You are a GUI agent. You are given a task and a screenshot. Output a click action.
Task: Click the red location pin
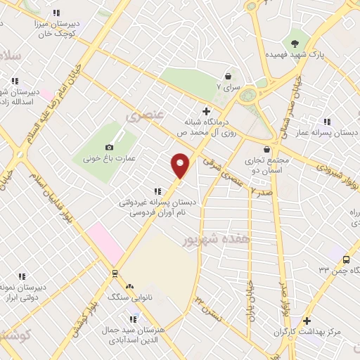[181, 165]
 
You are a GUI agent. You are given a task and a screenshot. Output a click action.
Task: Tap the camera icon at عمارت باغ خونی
[109, 147]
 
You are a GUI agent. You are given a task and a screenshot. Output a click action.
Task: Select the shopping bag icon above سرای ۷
[228, 76]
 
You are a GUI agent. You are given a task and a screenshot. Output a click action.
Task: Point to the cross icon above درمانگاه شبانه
[206, 110]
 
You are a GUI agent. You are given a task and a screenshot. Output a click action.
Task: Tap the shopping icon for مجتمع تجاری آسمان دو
[266, 149]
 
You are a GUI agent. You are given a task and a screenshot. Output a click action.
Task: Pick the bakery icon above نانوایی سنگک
[129, 286]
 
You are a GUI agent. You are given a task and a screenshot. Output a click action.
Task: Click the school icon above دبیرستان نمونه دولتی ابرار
[21, 276]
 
